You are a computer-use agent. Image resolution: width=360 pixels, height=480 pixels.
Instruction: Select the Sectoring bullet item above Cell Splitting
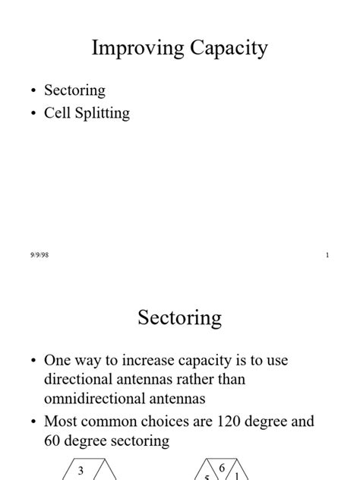coord(74,90)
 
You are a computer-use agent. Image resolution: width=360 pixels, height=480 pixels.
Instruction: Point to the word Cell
coord(57,113)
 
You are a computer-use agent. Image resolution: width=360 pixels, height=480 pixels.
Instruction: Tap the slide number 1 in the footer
coord(327,255)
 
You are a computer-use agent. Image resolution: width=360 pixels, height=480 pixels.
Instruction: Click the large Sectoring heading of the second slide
coord(180,317)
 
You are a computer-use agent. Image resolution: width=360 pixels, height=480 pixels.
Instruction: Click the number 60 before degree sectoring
coord(54,440)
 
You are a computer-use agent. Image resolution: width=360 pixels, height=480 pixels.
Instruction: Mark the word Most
coord(61,421)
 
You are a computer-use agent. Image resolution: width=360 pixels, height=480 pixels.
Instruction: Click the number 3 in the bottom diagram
coord(81,471)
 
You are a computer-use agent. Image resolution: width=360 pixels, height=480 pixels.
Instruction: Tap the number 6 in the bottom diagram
coord(222,468)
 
